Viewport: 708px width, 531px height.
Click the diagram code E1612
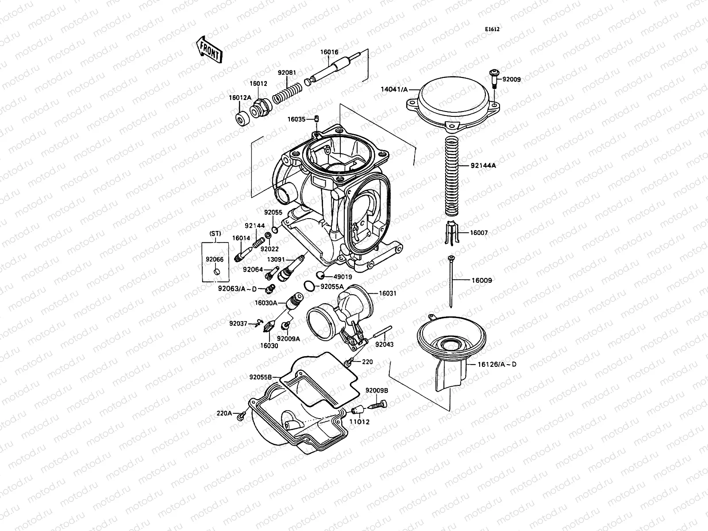tap(492, 29)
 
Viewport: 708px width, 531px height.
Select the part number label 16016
tap(329, 52)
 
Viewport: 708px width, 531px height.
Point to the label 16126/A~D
tap(497, 364)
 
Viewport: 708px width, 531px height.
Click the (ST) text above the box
tap(215, 233)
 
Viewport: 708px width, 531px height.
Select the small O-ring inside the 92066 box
tap(216, 271)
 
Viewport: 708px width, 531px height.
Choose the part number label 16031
tap(388, 293)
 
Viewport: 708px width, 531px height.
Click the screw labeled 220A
tap(242, 416)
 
